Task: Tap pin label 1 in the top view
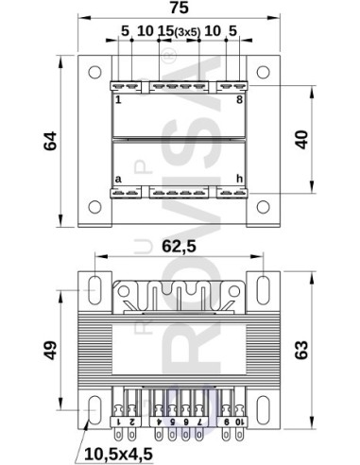coord(118,97)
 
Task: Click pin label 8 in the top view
coord(239,97)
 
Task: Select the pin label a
coord(118,178)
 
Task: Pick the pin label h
coord(239,178)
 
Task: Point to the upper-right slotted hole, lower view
coord(261,285)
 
